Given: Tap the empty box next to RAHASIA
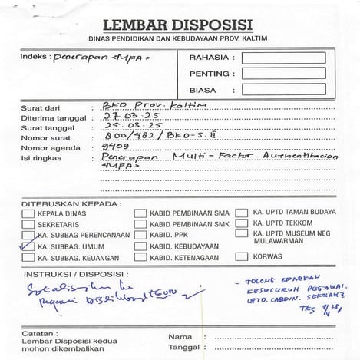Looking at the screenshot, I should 283,58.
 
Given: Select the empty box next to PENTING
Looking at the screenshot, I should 283,74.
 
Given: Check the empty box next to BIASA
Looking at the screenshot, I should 283,91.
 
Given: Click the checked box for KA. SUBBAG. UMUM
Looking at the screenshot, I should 29,246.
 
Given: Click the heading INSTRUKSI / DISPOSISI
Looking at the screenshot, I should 74,274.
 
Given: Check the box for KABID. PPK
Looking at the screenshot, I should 140,235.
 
